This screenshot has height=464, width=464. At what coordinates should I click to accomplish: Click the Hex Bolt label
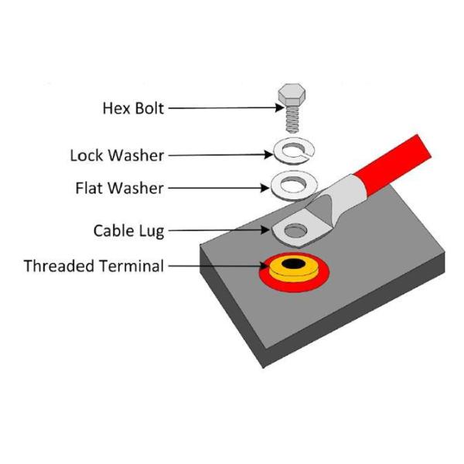(x=133, y=107)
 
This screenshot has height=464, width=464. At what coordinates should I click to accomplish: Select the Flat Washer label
(x=120, y=188)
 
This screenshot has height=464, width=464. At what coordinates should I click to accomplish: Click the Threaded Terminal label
(x=94, y=267)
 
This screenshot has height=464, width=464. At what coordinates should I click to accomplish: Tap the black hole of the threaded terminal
(x=292, y=265)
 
